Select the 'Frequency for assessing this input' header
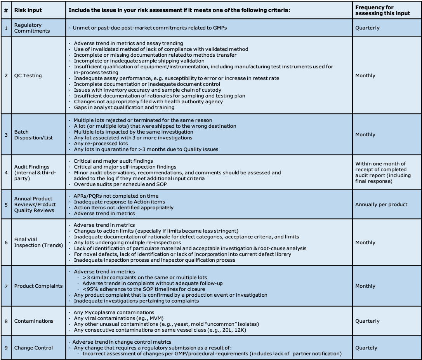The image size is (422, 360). click(382, 10)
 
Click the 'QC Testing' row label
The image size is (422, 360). click(28, 75)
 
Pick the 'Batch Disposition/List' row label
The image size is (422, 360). click(33, 135)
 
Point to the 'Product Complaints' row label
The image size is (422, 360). click(38, 286)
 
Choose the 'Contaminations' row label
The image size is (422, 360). click(33, 321)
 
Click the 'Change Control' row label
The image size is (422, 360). click(33, 348)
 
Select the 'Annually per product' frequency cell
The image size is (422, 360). click(381, 204)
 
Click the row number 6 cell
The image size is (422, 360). click(6, 242)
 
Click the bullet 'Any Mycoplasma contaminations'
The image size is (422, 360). click(114, 312)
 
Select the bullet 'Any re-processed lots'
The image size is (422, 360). click(101, 143)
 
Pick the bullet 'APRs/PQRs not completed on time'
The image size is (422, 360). click(116, 196)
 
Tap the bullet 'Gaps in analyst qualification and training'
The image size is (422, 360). click(124, 107)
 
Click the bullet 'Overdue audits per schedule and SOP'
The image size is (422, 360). click(120, 184)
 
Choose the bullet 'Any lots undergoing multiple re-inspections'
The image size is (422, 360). click(127, 242)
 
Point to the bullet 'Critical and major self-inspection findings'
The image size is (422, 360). click(125, 167)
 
